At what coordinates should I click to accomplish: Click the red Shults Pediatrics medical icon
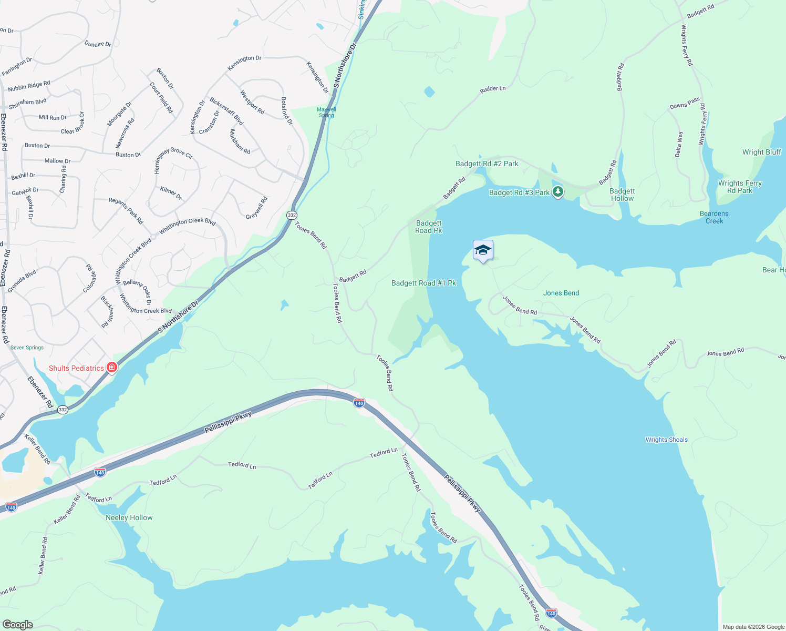pyautogui.click(x=111, y=368)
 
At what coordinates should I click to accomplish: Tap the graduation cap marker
pyautogui.click(x=483, y=251)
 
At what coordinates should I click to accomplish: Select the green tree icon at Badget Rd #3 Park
pyautogui.click(x=558, y=192)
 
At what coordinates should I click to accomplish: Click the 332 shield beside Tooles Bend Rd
pyautogui.click(x=292, y=215)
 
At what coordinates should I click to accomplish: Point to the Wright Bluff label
pyautogui.click(x=761, y=152)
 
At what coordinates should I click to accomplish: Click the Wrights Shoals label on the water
pyautogui.click(x=666, y=440)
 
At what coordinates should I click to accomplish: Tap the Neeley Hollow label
pyautogui.click(x=129, y=517)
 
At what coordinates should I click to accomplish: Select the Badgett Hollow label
pyautogui.click(x=622, y=195)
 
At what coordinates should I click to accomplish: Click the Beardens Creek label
pyautogui.click(x=714, y=217)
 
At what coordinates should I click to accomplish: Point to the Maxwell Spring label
pyautogui.click(x=326, y=112)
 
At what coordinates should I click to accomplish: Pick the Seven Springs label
pyautogui.click(x=27, y=348)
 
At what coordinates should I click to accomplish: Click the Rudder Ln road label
pyautogui.click(x=492, y=89)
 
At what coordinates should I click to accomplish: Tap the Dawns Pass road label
pyautogui.click(x=685, y=103)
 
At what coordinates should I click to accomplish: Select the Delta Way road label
pyautogui.click(x=679, y=144)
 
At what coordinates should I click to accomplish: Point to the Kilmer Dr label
pyautogui.click(x=171, y=193)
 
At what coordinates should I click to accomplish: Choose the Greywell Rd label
pyautogui.click(x=257, y=208)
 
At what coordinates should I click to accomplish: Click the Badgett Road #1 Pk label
pyautogui.click(x=423, y=283)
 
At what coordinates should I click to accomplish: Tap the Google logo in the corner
pyautogui.click(x=18, y=624)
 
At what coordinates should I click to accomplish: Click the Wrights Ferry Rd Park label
pyautogui.click(x=740, y=187)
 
